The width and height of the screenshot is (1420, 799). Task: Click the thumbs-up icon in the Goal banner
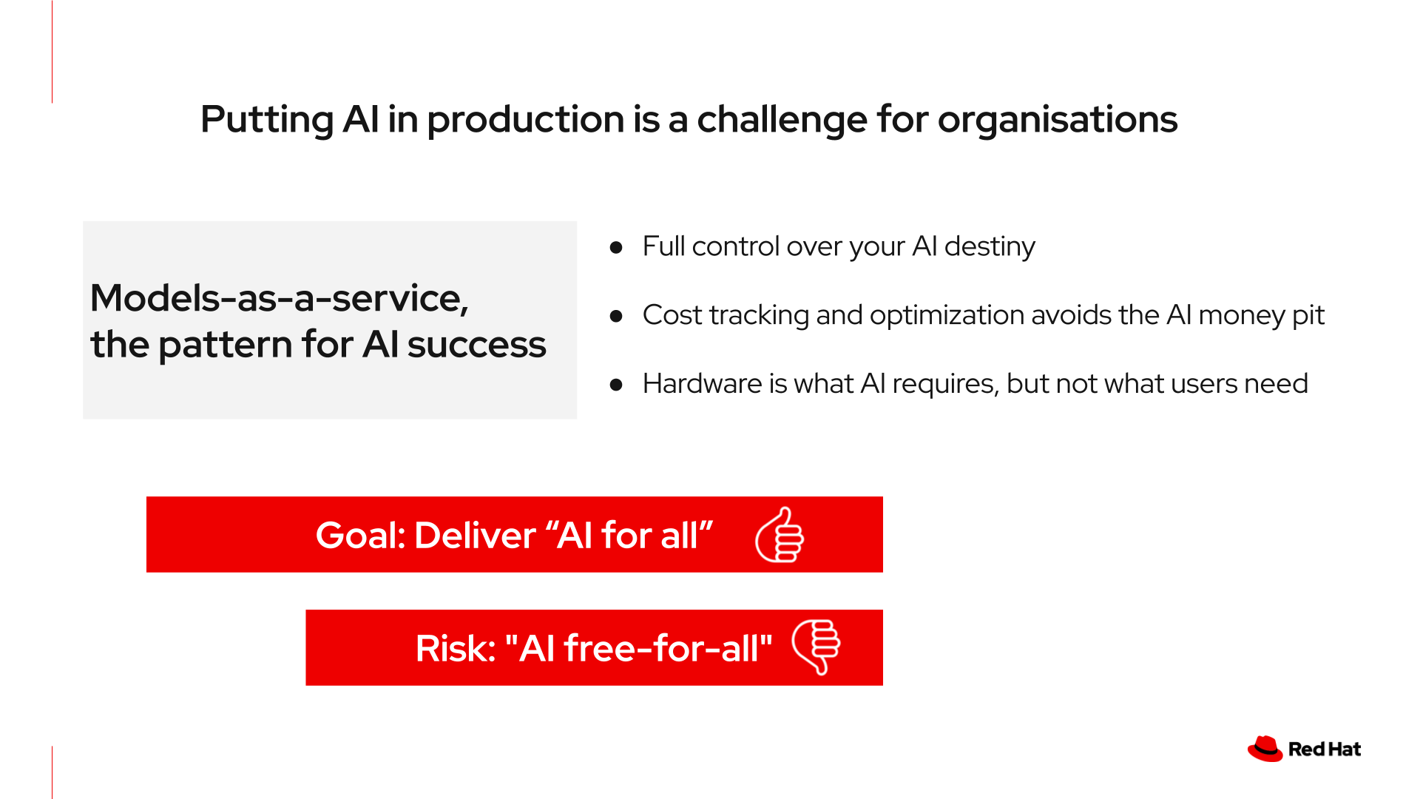click(780, 535)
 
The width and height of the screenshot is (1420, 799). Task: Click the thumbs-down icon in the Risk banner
click(816, 647)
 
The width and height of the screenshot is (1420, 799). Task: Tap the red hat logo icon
click(1265, 749)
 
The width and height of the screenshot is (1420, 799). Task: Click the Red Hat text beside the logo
click(1324, 749)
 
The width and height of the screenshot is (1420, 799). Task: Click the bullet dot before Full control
click(616, 247)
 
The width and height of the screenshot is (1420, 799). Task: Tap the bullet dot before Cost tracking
click(616, 316)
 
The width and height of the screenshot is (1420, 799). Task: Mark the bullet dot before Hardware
click(616, 385)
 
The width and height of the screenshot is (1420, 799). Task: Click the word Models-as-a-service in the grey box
click(279, 299)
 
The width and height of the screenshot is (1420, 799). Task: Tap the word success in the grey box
click(476, 345)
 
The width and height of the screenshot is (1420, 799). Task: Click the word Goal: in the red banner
click(360, 536)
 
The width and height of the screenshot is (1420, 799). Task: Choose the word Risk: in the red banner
click(455, 649)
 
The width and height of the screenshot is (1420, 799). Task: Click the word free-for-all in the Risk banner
click(661, 649)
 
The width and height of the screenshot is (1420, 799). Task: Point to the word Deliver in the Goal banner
click(475, 536)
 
